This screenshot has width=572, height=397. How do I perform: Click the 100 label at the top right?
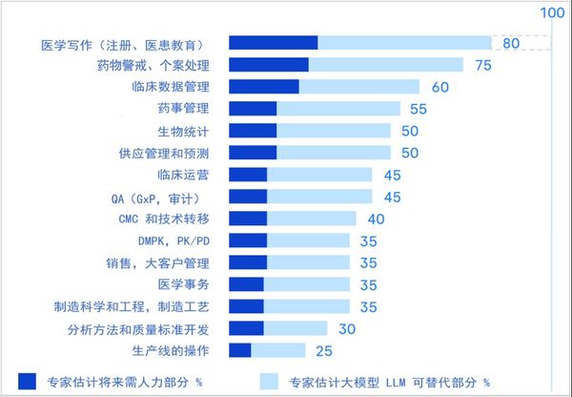552,12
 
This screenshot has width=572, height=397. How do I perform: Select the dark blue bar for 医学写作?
274,43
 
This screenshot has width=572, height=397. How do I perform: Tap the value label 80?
510,43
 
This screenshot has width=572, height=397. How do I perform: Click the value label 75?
482,65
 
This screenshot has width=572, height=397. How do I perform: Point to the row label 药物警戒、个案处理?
153,65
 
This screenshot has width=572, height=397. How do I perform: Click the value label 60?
439,87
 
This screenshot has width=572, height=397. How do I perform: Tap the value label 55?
418,109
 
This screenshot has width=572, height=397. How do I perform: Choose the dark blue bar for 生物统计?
254,131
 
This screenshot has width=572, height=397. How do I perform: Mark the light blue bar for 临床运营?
319,175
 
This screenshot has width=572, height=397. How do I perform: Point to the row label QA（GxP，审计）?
153,198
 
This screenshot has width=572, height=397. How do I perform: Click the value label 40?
376,219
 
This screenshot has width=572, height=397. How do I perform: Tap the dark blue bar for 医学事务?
247,284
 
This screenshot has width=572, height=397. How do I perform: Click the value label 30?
347,328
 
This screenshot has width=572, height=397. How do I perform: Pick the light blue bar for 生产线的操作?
278,350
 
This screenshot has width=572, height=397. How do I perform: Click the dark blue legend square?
27,381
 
